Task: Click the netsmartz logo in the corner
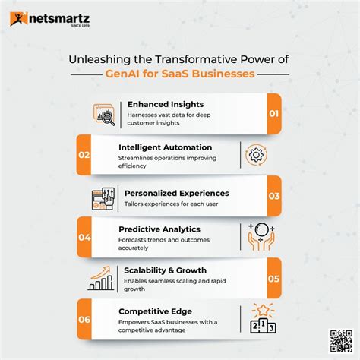coord(47,18)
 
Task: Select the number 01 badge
coord(273,114)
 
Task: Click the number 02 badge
coord(84,155)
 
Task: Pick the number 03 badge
coord(273,196)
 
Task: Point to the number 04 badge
coord(84,237)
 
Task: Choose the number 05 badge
coord(273,278)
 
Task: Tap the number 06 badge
coord(84,319)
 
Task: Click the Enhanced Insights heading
coord(164,104)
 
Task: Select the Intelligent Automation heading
coord(166,146)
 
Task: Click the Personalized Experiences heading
coord(176,193)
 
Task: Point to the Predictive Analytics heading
coord(159,228)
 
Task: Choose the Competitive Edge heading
coord(156,311)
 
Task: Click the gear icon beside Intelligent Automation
coord(256,155)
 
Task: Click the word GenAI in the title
coord(125,74)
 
